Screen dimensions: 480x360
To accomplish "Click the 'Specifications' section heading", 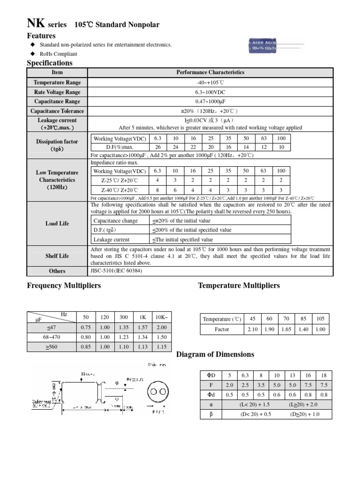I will coord(50,63).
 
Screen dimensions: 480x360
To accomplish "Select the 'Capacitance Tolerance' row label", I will coord(57,111).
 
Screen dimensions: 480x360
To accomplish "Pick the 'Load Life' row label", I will coord(57,224).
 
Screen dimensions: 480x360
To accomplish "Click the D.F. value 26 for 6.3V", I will coord(157,147).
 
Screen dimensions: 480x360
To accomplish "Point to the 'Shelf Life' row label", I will coord(57,256).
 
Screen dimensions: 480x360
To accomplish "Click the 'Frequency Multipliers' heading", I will coord(64,285).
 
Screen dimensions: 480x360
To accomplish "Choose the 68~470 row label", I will coord(51,337).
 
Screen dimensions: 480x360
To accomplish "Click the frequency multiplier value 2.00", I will coord(161,328).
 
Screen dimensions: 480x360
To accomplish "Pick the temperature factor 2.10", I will coord(253,330).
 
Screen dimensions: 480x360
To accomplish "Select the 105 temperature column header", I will coord(320,319).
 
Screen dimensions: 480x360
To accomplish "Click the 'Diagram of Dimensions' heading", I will coord(215,354).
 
